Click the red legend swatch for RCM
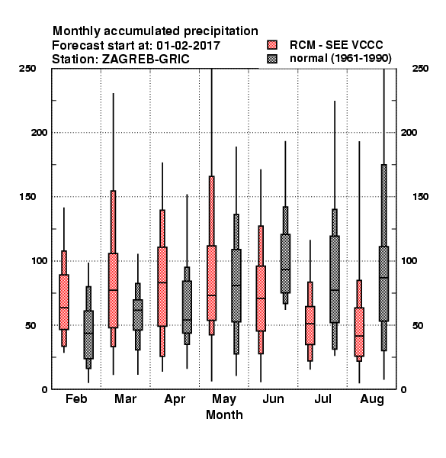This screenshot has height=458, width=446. point(272,45)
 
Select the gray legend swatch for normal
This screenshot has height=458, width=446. point(272,59)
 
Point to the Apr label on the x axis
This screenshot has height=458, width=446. point(175,399)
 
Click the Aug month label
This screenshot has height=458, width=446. point(372,399)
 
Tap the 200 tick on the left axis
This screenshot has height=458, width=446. point(39,133)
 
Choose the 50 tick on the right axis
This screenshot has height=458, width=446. point(418,325)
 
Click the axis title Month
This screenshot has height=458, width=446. point(224,415)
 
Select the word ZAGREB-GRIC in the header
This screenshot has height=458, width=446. point(146,60)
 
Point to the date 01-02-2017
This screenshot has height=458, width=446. point(188,46)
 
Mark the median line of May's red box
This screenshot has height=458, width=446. point(212,295)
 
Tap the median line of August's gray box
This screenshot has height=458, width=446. point(384,278)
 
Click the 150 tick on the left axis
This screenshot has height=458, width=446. point(28,197)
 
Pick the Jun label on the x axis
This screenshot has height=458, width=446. point(273,399)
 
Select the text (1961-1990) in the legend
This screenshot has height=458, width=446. point(361,59)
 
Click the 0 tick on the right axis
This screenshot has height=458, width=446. point(404,389)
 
